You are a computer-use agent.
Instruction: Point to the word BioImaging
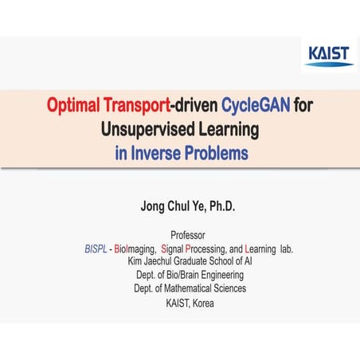[x=136, y=248]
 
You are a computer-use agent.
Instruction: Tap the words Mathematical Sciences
[x=207, y=288]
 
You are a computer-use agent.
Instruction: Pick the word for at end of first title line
[x=303, y=106]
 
